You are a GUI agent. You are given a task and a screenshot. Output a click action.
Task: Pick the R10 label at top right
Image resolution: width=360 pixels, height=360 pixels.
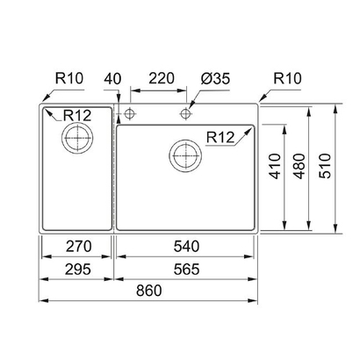point(288,77)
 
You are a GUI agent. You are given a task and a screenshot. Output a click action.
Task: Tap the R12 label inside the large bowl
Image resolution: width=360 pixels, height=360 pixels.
point(222,136)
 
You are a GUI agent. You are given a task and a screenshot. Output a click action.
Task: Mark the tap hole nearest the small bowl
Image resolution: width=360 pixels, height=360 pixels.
point(131,113)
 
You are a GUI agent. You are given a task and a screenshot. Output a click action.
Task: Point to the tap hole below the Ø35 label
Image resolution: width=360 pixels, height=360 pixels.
point(186,113)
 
